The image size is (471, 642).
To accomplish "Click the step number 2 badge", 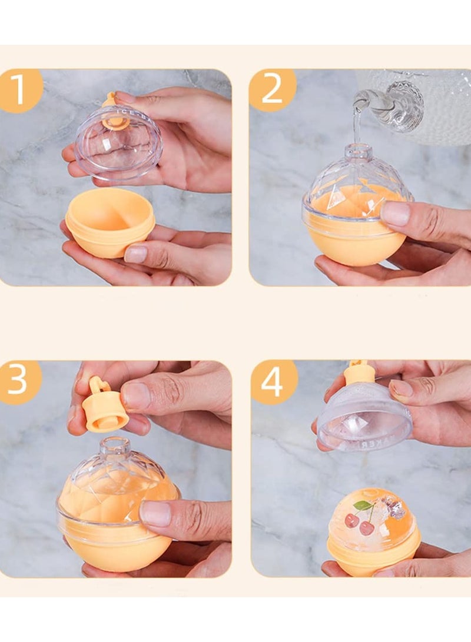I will pos(271,89).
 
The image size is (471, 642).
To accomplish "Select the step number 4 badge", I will pos(273,382).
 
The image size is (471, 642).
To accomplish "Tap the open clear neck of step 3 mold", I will pos(114,447).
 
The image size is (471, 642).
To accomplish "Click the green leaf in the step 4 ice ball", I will pos(363,505).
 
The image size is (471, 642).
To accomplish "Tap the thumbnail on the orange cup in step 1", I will pos(135,254).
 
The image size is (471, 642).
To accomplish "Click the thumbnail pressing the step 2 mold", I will pos(395,214).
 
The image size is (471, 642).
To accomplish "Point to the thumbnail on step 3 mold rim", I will pos(155,514).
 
